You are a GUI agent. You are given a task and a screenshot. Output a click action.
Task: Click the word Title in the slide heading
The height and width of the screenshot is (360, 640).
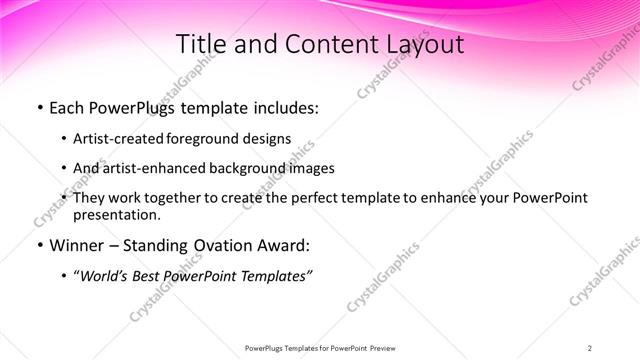199,45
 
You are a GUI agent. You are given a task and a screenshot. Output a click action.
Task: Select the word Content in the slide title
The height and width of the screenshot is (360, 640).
321,45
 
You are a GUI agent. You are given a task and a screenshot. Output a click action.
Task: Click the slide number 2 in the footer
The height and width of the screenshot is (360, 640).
590,347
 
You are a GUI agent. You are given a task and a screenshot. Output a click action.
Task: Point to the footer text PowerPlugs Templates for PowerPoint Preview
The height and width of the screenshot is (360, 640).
320,347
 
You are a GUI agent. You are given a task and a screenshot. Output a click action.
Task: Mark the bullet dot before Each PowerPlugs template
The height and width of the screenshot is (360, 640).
39,108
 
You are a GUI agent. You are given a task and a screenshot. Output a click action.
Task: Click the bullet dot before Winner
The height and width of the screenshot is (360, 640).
39,245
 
